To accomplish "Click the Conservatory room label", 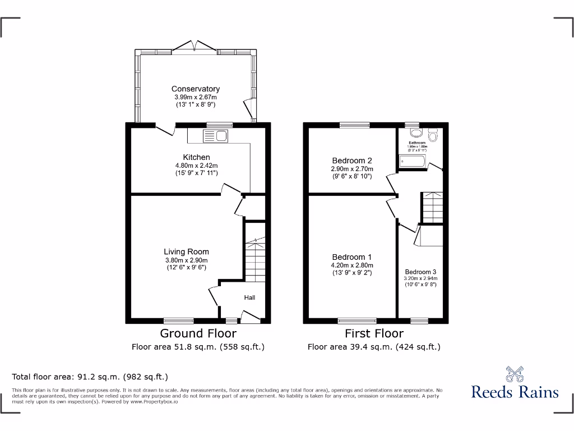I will [x=195, y=89].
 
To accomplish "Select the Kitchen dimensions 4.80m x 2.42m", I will [x=196, y=166].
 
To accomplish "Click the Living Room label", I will [x=186, y=252].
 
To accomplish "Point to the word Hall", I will [x=249, y=297].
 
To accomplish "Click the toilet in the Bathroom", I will [x=432, y=135].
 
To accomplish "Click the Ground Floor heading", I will [x=198, y=334].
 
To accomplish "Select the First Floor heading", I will [x=374, y=334].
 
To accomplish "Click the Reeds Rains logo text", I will [x=515, y=392].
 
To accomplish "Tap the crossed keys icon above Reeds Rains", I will [x=515, y=373].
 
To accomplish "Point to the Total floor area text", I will [x=90, y=377].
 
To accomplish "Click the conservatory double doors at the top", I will [x=194, y=47].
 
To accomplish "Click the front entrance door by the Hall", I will [x=251, y=319].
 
